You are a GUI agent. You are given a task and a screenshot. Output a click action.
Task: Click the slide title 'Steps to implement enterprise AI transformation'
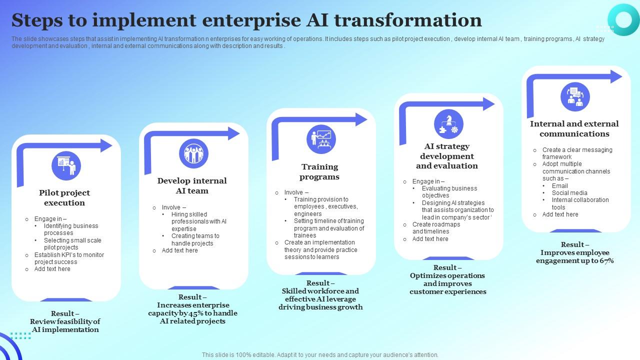click(246, 20)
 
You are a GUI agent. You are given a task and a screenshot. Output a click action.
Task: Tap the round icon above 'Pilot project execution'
click(66, 166)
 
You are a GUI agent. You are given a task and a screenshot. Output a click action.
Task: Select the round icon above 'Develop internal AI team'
click(193, 154)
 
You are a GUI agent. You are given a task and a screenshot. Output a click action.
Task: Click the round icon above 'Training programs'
click(321, 139)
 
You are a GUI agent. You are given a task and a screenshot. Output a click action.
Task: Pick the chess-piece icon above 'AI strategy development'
click(448, 124)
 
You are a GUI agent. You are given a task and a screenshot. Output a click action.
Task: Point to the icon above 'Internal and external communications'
click(575, 96)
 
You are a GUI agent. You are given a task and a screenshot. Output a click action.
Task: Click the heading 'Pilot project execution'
click(64, 197)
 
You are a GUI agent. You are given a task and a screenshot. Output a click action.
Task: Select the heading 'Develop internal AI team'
click(192, 185)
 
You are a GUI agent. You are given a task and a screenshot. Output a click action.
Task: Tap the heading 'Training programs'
click(319, 171)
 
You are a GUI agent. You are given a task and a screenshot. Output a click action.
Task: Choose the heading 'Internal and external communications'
click(574, 128)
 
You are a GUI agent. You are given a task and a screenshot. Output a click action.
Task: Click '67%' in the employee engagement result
click(606, 260)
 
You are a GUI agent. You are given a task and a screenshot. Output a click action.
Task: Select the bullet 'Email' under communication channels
click(560, 186)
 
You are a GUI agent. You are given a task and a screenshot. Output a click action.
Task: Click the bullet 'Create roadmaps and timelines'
click(435, 228)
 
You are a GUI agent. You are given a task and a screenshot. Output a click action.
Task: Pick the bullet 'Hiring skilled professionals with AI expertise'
click(198, 221)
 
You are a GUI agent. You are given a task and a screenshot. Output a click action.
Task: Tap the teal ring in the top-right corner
click(623, 19)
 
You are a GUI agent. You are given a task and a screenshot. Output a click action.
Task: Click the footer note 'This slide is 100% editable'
click(320, 355)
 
